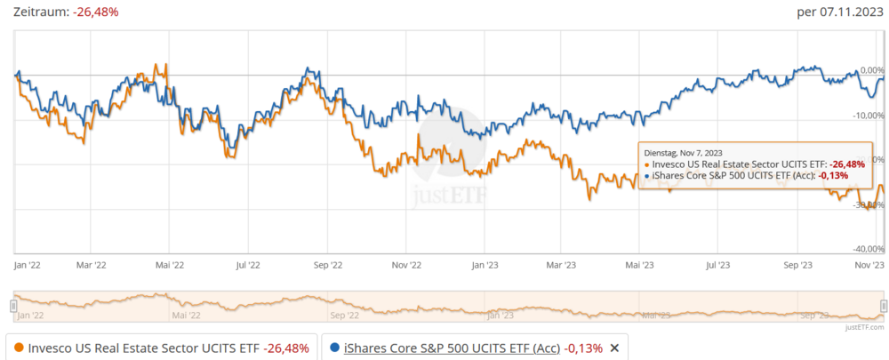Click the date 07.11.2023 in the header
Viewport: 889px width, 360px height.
(x=845, y=12)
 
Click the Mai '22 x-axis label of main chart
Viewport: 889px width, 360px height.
(x=169, y=264)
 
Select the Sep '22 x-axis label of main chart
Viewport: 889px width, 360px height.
(x=326, y=264)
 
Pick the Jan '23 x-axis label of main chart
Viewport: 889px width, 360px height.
(x=484, y=264)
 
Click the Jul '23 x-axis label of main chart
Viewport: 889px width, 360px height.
(x=717, y=264)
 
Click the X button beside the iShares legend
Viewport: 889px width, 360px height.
(x=613, y=348)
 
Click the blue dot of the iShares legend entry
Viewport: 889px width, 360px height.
(x=333, y=348)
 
